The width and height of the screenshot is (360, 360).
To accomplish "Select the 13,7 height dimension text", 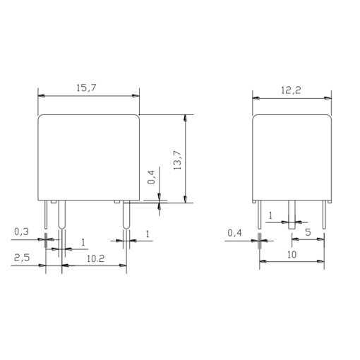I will click(177, 159).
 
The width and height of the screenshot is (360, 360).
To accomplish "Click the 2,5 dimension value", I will click(22, 259).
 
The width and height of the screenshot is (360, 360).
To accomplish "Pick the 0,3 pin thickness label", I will click(22, 231).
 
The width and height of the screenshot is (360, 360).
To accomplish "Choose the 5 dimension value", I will click(308, 232).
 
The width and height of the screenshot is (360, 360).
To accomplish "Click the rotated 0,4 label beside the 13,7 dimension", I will click(150, 176).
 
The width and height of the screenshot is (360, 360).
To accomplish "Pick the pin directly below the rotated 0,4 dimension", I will click(126, 215).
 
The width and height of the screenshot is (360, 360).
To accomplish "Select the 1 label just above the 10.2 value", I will click(83, 242).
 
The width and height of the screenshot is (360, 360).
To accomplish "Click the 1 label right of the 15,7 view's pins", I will click(148, 233).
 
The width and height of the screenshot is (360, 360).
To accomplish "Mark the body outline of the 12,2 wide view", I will click(292, 155).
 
